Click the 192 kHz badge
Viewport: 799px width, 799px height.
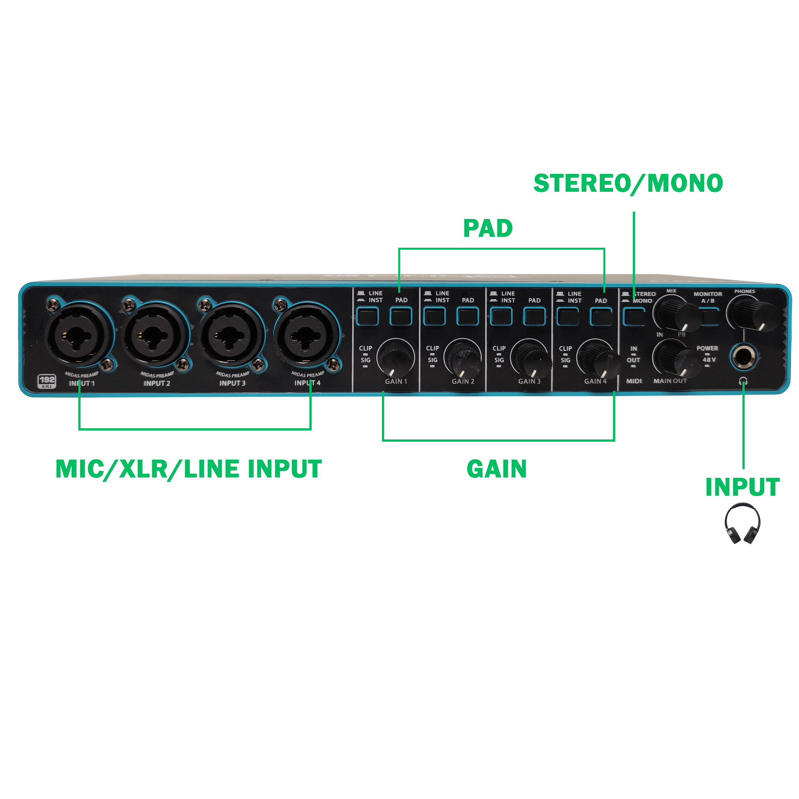pyautogui.click(x=47, y=381)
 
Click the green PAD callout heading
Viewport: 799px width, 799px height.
pyautogui.click(x=488, y=228)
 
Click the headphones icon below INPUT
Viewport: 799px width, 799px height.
pyautogui.click(x=742, y=523)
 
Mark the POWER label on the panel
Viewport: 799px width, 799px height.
pyautogui.click(x=707, y=348)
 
